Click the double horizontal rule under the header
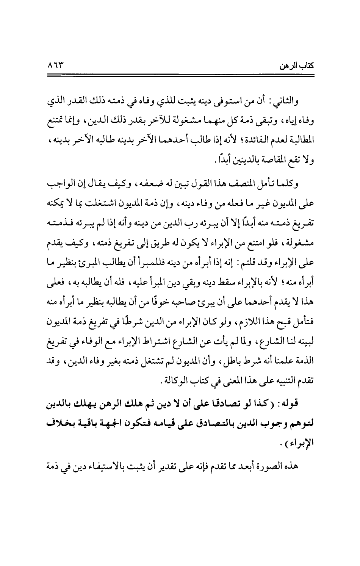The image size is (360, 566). coord(180,76)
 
